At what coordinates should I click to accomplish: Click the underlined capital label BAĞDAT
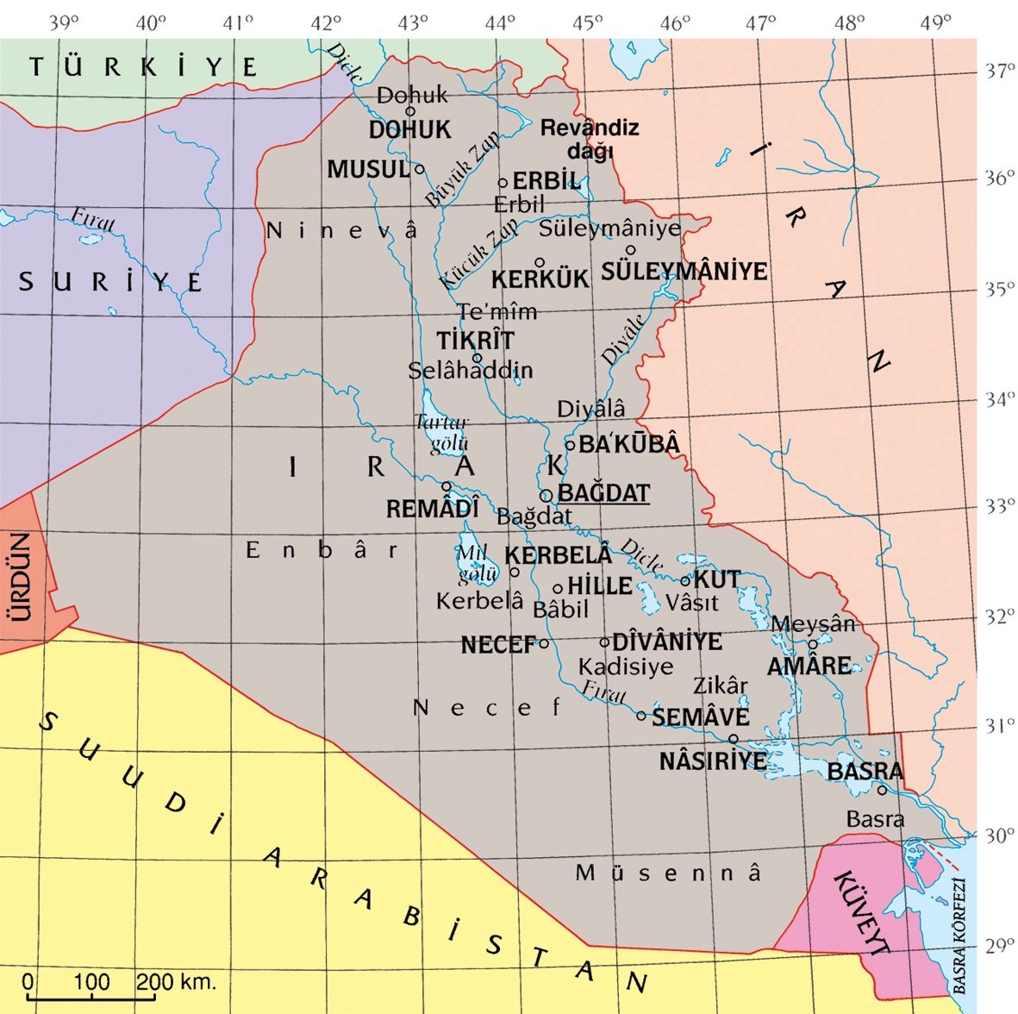pos(603,493)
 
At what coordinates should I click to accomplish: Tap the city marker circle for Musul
pos(420,169)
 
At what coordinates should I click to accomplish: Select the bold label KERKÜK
pos(540,279)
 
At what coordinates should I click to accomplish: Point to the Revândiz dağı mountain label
pos(590,139)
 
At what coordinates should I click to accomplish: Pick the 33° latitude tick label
pos(1000,505)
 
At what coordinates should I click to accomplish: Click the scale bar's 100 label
pos(91,981)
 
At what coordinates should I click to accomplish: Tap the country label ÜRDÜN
pos(19,577)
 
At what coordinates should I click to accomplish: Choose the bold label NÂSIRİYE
pos(713,760)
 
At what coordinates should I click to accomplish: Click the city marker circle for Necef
pos(544,643)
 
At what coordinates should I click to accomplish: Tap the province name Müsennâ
pos(669,873)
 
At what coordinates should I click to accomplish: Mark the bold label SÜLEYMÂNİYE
pos(684,271)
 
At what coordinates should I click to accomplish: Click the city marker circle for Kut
pos(685,581)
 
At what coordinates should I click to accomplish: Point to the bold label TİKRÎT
pos(475,340)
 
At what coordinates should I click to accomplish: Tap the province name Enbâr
pos(322,550)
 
